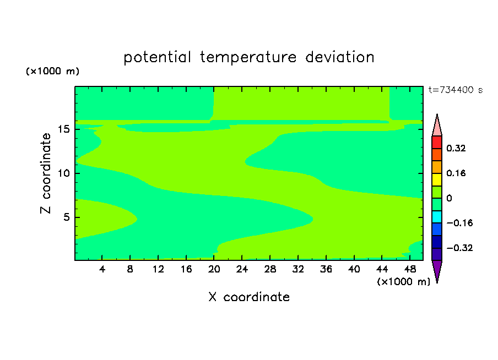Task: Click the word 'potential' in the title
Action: pos(157,58)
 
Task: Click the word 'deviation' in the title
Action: pos(339,57)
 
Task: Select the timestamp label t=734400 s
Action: pos(456,90)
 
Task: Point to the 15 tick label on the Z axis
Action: pos(64,129)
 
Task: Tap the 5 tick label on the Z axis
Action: pos(66,217)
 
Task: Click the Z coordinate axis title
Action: pos(46,173)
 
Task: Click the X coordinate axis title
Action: pos(249,297)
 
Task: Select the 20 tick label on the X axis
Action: pos(214,269)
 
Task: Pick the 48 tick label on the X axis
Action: pos(410,269)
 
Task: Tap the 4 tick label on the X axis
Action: pos(102,269)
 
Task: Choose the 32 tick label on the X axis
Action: pos(298,269)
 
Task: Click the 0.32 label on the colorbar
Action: pos(456,148)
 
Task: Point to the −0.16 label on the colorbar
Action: pos(459,223)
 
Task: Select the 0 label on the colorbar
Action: pos(449,198)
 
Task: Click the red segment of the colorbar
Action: pos(437,142)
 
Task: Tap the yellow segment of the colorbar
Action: pos(437,179)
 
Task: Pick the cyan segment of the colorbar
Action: pos(437,217)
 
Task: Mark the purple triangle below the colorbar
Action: pos(437,270)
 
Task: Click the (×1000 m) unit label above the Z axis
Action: pos(52,71)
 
